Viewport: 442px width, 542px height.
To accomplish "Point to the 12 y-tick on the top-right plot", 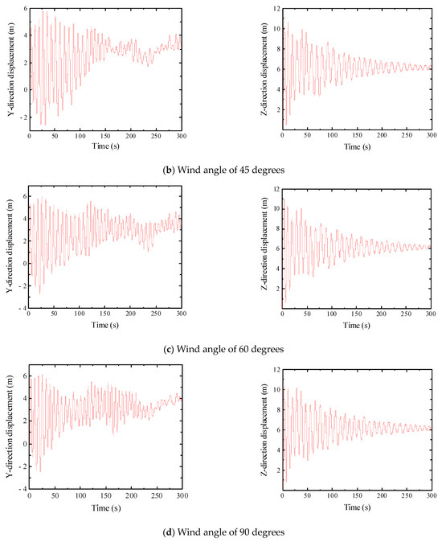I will pos(274,10).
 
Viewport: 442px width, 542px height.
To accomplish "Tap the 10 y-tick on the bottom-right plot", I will pos(274,389).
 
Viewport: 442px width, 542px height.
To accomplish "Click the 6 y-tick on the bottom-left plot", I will pos(23,376).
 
